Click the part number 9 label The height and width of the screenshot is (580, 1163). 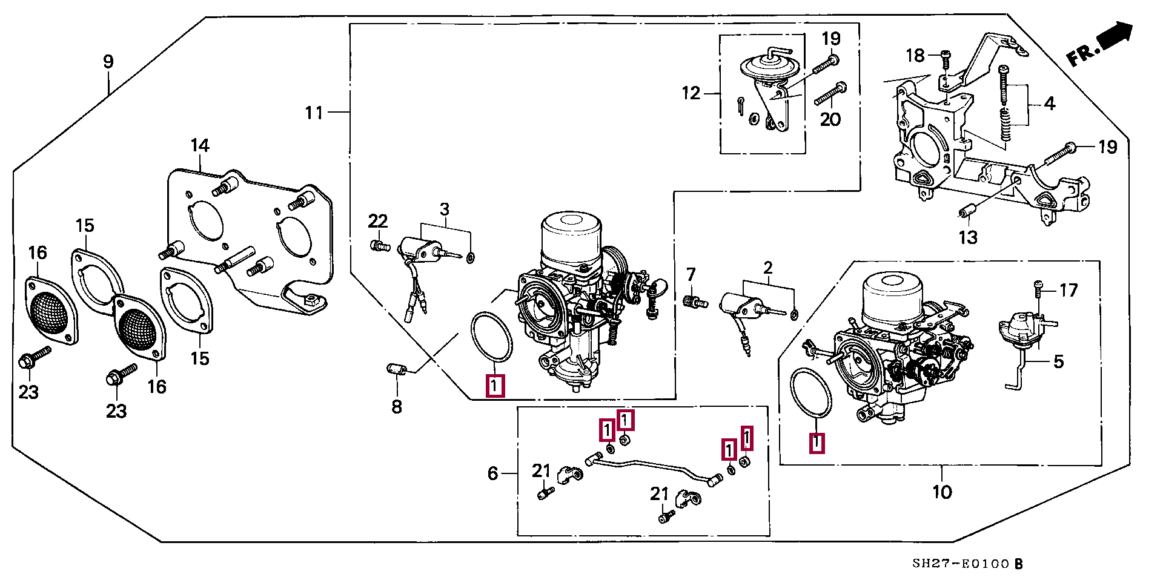[108, 61]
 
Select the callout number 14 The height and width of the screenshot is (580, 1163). [200, 145]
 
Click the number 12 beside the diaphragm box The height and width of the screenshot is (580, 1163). [691, 93]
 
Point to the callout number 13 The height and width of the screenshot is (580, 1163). [968, 237]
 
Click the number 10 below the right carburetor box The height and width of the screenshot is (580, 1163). [942, 492]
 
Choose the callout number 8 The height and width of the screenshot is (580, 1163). [396, 407]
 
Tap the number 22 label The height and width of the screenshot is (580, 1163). [377, 220]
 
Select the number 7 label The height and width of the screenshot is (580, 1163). [691, 274]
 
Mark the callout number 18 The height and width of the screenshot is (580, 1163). [915, 56]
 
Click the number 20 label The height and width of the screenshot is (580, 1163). [830, 119]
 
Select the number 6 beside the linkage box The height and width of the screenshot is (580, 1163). [493, 473]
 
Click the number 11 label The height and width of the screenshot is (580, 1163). [314, 113]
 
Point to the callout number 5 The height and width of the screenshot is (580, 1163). [1058, 361]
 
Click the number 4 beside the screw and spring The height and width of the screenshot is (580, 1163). [1050, 104]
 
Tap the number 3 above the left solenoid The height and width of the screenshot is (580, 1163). [445, 209]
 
